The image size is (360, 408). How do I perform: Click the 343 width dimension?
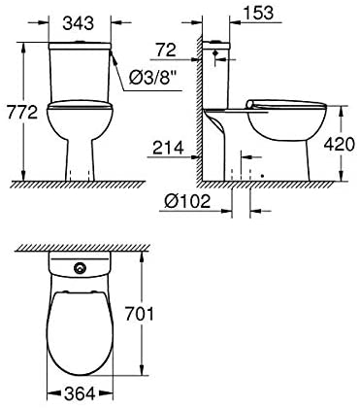(79, 23)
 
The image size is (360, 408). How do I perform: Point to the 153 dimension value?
(258, 13)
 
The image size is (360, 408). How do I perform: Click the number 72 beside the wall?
(166, 51)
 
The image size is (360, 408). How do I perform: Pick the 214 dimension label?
(168, 148)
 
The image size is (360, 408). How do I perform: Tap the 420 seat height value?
(339, 145)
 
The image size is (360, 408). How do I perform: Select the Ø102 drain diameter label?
(187, 201)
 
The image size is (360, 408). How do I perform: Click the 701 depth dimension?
(139, 314)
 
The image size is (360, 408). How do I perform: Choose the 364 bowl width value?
(80, 393)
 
